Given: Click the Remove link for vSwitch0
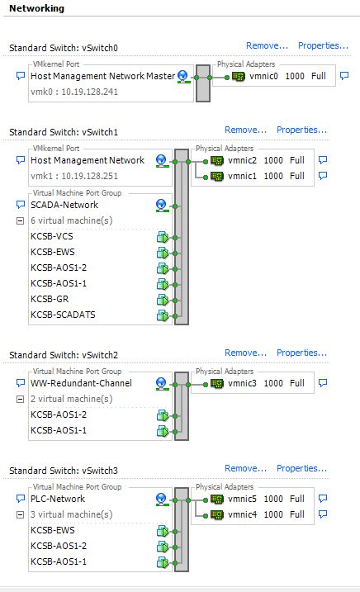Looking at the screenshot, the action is [267, 45].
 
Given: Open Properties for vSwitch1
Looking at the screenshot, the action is [301, 130].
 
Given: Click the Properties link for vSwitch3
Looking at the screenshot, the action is [301, 468].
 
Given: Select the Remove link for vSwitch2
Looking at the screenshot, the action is [245, 353].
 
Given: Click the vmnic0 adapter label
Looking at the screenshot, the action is [263, 76].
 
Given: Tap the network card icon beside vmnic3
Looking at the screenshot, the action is [217, 383].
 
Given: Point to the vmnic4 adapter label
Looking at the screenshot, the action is [242, 514].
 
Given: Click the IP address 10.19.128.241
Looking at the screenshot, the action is [89, 92].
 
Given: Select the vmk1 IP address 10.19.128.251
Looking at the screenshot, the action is [89, 176].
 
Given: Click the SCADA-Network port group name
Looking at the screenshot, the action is [64, 205].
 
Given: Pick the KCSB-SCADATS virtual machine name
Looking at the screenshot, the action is [63, 315].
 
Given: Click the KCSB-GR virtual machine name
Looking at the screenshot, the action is [50, 299].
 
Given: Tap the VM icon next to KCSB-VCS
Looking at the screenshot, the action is [163, 238].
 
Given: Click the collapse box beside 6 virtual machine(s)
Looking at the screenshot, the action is [21, 221].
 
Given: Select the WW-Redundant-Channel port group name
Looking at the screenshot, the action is [81, 383].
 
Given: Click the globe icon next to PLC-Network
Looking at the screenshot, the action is [161, 500].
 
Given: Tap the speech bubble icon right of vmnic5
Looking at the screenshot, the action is [323, 498].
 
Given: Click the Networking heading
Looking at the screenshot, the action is [36, 8].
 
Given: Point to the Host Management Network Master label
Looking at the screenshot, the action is [102, 76].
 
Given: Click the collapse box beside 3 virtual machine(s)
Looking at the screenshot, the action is [21, 514].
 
